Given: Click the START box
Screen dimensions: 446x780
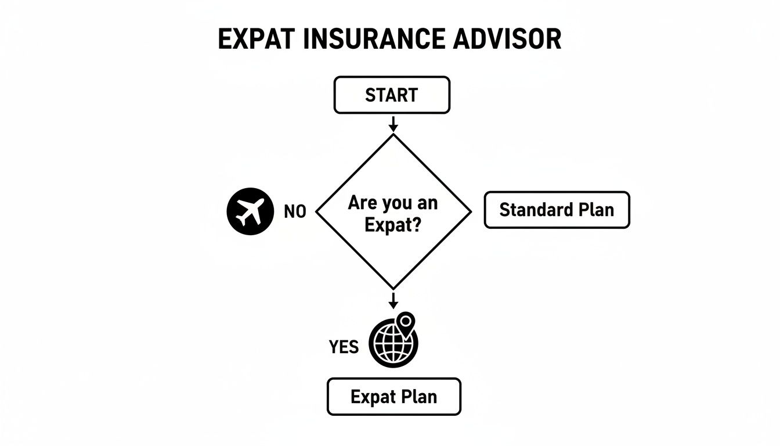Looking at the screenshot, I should [x=392, y=95].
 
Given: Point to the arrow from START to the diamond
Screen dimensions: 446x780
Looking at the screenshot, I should [x=393, y=123].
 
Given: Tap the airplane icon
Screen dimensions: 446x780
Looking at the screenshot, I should [x=250, y=212].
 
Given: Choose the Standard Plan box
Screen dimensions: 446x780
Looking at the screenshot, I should [x=557, y=210].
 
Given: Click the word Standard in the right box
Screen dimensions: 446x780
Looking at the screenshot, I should [x=535, y=210].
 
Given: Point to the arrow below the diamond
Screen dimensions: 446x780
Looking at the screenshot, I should [x=393, y=300].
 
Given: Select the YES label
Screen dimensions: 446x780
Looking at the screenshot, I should [x=344, y=347].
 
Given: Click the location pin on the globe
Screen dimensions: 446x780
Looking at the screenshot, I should [x=406, y=321].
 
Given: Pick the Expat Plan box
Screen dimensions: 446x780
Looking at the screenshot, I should [x=393, y=397].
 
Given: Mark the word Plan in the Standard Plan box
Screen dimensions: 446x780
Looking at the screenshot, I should [x=595, y=210].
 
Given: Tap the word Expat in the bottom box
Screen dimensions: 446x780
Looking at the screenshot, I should [x=371, y=398].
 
